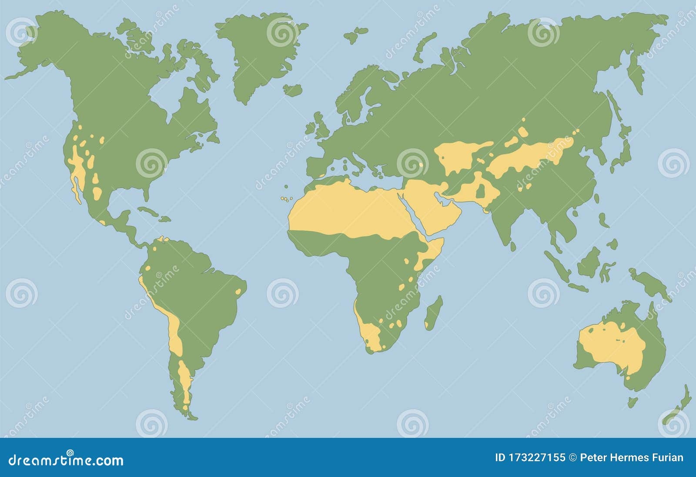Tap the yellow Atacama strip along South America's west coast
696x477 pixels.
(174, 330)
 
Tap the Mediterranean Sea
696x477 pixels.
(361, 174)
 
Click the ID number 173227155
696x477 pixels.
(539, 458)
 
